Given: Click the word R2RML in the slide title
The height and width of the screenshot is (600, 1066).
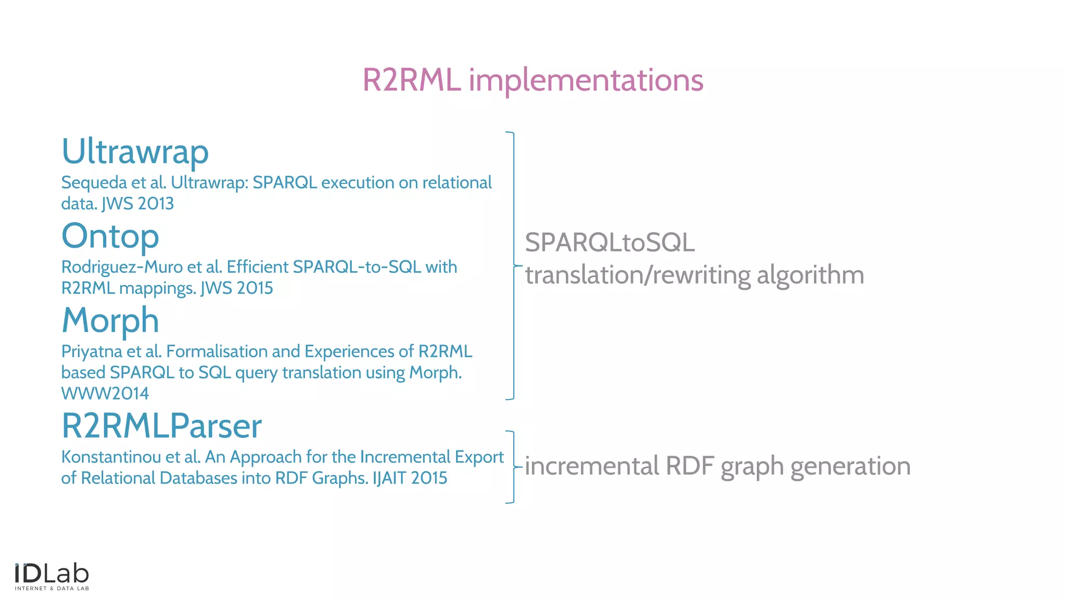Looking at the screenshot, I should click(411, 80).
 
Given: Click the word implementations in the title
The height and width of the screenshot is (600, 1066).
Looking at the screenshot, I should click(586, 81).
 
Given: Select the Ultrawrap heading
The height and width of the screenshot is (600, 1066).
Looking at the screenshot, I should click(135, 152).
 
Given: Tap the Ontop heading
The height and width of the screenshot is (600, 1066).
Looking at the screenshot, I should click(110, 236).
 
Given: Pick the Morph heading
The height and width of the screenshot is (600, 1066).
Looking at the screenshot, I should click(110, 320).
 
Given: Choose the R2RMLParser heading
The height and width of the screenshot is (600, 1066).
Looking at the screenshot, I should click(161, 426).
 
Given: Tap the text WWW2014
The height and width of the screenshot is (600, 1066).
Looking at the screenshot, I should click(105, 394).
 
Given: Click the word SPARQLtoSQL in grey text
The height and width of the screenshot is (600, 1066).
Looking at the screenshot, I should click(610, 243).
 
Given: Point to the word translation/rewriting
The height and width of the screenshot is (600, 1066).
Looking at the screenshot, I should click(637, 275).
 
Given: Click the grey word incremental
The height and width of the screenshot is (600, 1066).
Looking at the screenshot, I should click(592, 466).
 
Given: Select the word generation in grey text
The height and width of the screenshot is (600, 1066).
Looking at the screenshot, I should click(850, 466).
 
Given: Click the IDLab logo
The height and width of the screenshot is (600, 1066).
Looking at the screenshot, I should click(52, 577).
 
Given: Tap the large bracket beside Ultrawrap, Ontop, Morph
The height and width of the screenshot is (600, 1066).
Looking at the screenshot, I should click(513, 266).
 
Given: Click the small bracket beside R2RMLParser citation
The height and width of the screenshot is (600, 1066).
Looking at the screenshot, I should click(513, 467).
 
